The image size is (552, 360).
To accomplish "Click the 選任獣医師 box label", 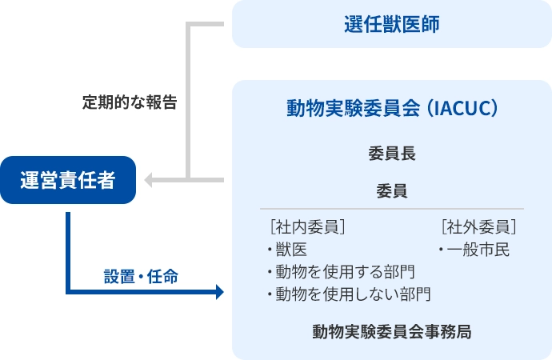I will [x=391, y=24].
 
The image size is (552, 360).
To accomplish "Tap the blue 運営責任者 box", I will [x=67, y=180].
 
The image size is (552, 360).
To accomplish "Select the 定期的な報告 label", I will [x=129, y=102].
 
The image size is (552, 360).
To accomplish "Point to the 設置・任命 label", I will [x=141, y=277].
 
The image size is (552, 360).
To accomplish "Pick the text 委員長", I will [x=391, y=151].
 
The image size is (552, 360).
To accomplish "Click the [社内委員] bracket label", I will [x=307, y=226].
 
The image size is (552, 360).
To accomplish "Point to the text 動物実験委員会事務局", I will [x=391, y=331].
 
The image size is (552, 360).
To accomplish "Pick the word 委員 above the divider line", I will [x=391, y=192].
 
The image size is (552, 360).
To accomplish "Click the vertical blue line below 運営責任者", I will [x=69, y=248].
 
